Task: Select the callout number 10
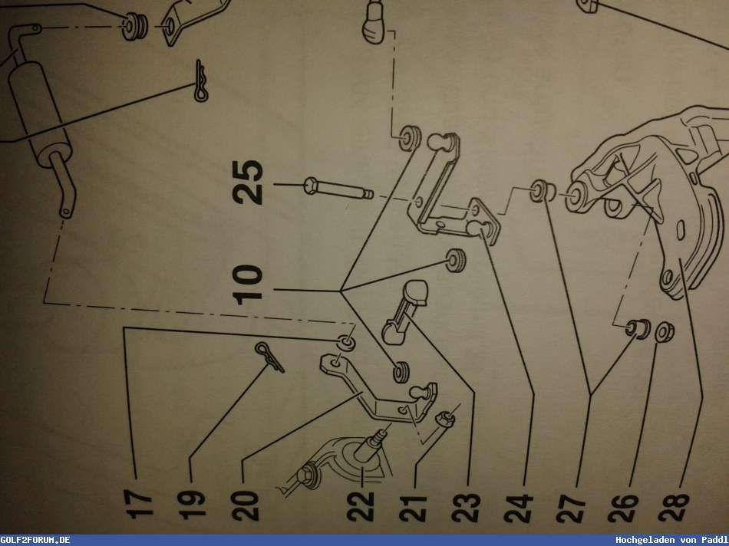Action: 251,285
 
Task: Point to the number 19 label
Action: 196,503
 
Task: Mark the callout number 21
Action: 414,503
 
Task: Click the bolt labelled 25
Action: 338,189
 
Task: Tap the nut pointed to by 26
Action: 663,331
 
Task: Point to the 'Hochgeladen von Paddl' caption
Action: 671,540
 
